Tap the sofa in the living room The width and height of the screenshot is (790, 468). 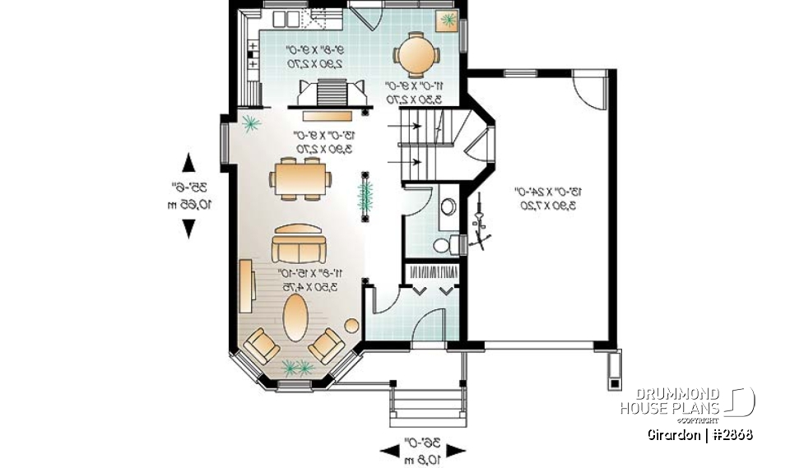300,244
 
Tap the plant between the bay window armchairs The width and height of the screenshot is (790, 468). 293,367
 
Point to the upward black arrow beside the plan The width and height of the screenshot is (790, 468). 188,162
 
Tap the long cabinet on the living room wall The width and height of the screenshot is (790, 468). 245,285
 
